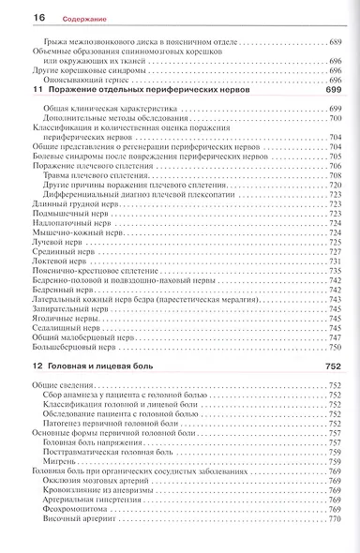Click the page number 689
coord(336,44)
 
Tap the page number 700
coord(336,119)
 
